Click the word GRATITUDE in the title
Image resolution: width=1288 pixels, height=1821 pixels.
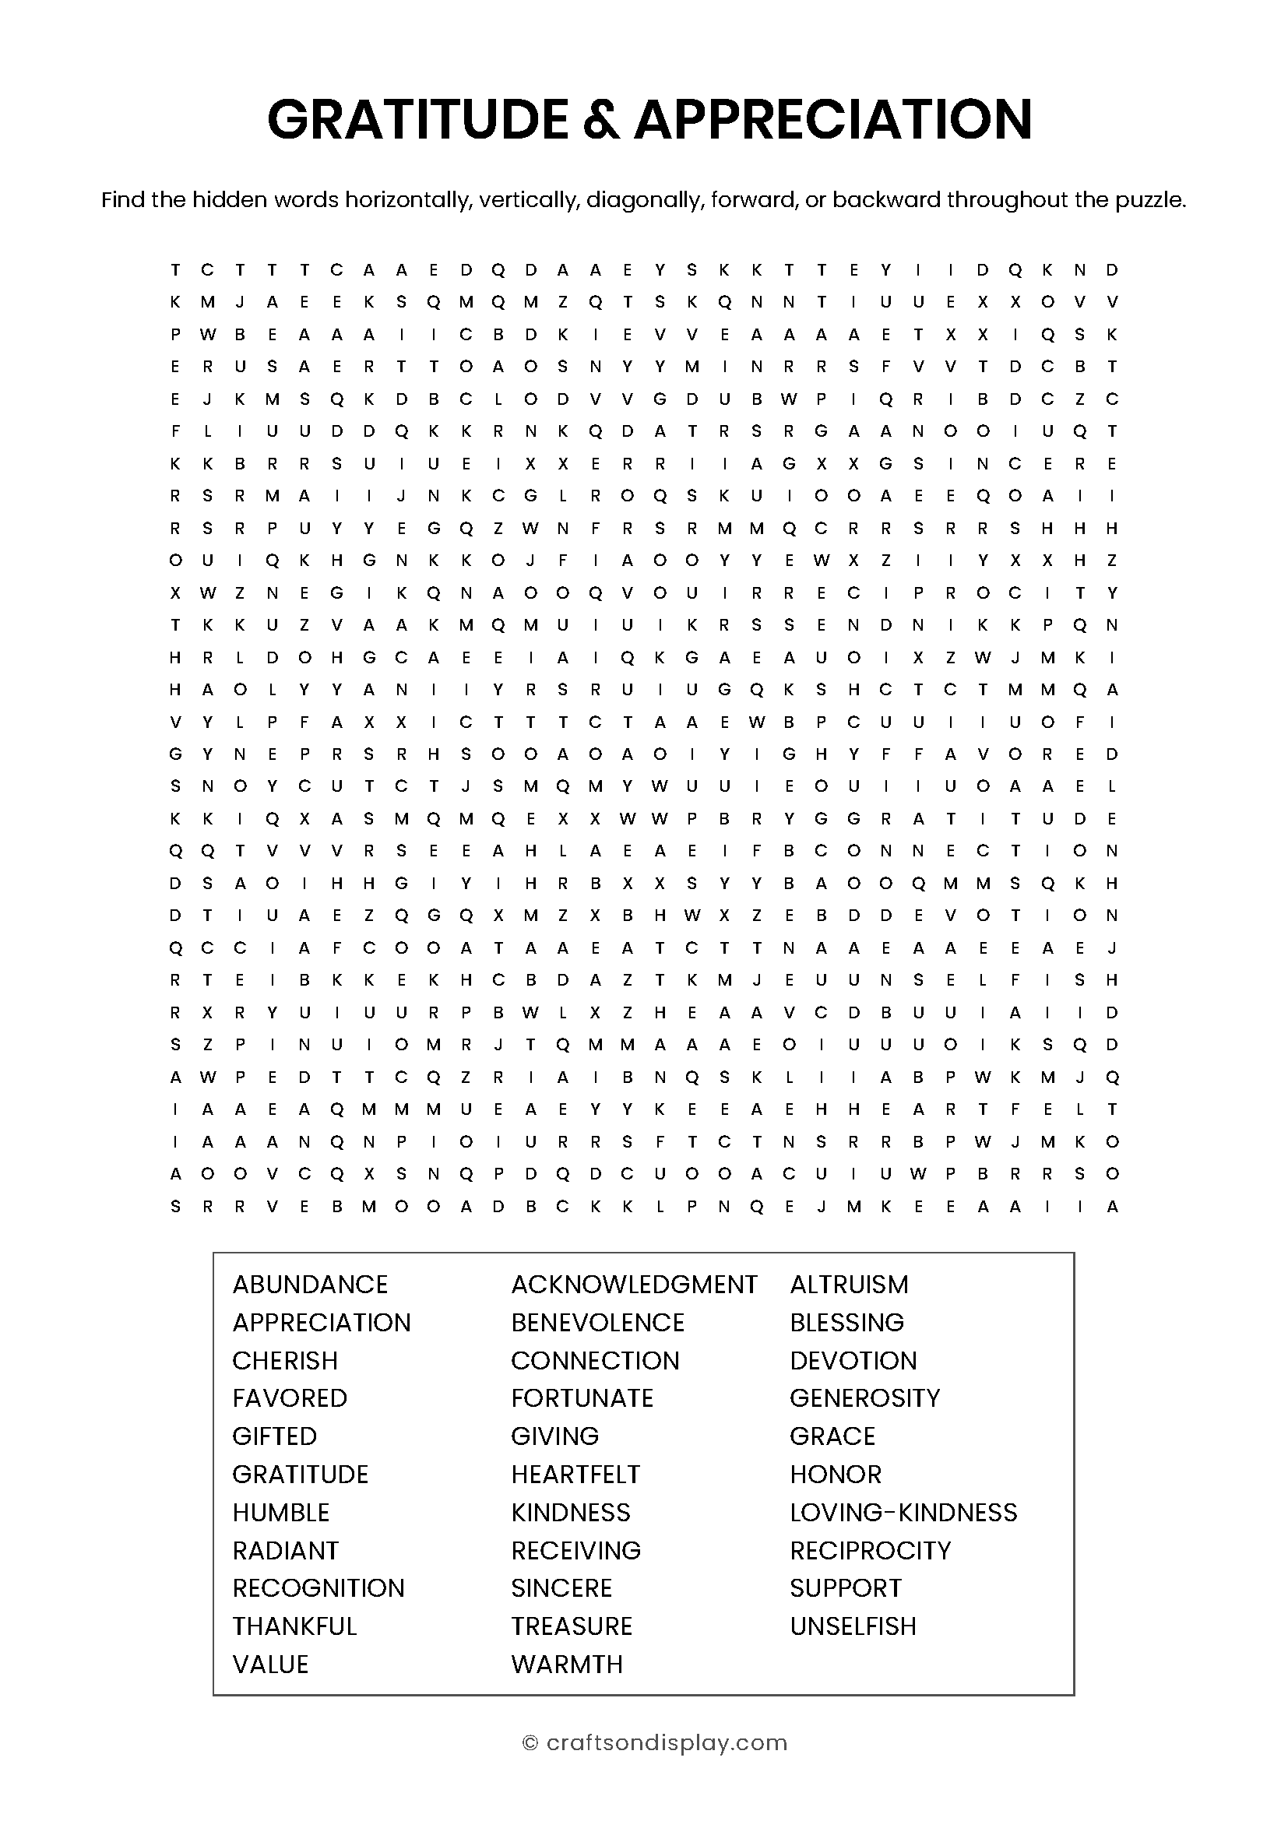point(418,120)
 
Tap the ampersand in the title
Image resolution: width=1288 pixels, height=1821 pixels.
point(600,120)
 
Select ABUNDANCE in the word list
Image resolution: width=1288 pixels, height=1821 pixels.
point(310,1285)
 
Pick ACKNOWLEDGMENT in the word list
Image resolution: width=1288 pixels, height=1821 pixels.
point(634,1285)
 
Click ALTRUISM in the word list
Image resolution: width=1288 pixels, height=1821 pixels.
point(849,1285)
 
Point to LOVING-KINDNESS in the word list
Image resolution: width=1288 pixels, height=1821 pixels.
point(903,1513)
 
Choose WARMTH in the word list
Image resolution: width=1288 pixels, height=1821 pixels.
point(567,1664)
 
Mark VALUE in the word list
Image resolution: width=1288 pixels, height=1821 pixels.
point(270,1664)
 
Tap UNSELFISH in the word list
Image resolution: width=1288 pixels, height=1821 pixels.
point(853,1626)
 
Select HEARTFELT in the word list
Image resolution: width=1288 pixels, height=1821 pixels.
point(575,1475)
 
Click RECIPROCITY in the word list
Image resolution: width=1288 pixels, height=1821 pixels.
point(870,1551)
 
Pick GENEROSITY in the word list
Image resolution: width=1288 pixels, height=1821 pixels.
point(864,1398)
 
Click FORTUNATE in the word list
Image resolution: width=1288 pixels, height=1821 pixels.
point(582,1398)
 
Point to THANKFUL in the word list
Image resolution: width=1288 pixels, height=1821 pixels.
point(294,1626)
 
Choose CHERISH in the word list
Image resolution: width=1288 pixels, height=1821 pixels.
point(285,1361)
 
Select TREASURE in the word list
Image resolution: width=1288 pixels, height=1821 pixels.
point(571,1626)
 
